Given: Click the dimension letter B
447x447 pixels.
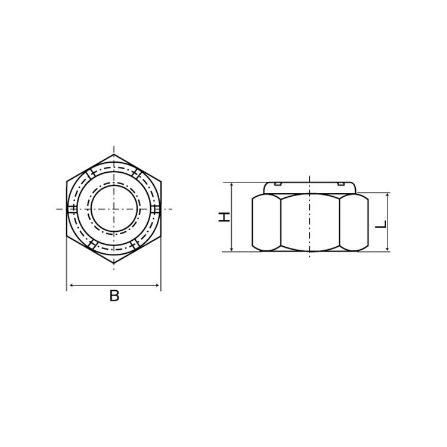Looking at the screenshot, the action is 114,296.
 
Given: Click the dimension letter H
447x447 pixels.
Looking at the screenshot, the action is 224,217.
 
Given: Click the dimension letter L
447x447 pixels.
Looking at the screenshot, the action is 381,224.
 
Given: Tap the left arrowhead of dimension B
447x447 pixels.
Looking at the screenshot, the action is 72,285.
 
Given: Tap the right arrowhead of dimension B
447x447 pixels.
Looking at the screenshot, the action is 157,285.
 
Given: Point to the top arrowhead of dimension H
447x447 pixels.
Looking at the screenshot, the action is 232,185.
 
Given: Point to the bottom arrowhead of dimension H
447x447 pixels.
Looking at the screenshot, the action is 232,249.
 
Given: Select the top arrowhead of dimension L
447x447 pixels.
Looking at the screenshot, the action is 387,195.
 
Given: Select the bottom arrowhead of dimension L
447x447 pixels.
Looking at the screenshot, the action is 387,249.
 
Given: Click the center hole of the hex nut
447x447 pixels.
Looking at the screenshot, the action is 114,209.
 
